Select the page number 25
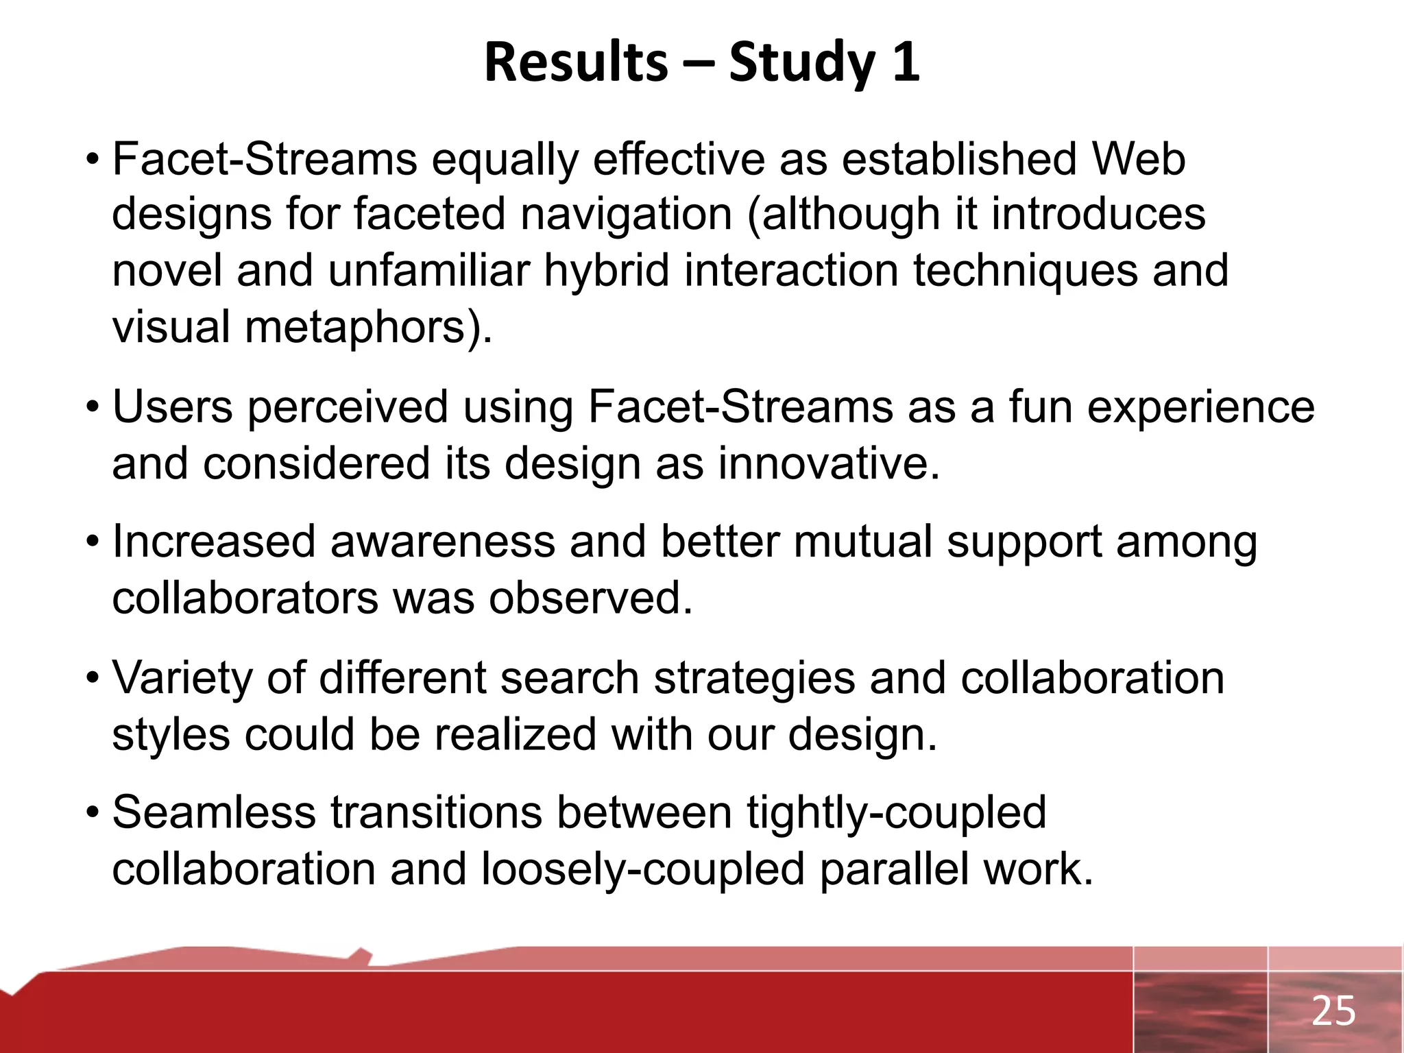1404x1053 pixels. [x=1333, y=1011]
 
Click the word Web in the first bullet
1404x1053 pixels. [x=1138, y=159]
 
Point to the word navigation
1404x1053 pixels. [x=626, y=215]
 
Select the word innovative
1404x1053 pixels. [x=828, y=463]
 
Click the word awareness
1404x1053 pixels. [x=442, y=542]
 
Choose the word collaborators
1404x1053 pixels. [x=245, y=598]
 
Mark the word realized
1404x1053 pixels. [x=514, y=735]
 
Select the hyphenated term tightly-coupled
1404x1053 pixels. [x=896, y=814]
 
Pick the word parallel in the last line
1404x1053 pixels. [x=893, y=870]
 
